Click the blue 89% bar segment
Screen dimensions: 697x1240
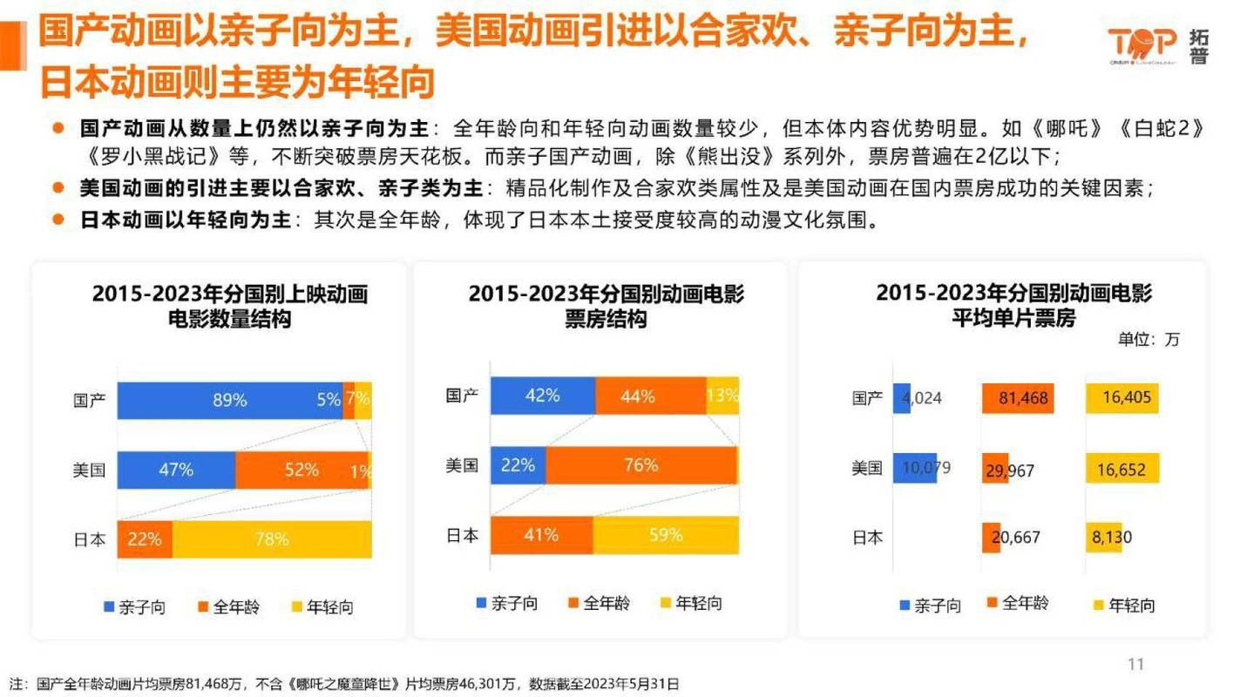229,401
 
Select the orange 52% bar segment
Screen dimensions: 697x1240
302,470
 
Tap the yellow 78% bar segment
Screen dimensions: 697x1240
272,539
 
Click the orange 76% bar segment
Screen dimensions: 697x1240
640,465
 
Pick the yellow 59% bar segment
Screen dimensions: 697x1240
666,535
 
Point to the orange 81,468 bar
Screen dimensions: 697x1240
1018,399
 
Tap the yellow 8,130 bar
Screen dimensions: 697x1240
1103,538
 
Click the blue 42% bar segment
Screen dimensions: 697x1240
542,396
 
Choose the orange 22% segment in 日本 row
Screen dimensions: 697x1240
145,539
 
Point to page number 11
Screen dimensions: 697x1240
1135,665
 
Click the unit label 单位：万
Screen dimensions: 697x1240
1149,340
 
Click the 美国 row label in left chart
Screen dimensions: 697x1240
89,470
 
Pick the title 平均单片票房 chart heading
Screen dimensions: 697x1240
1013,319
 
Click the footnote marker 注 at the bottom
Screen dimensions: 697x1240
17,683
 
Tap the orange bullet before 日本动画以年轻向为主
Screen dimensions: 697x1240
58,218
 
